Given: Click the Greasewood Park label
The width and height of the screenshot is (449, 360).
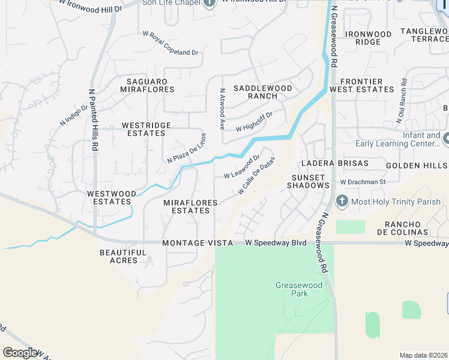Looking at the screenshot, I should pos(292,289).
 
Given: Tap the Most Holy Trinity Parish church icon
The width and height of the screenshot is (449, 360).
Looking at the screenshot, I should pos(342,201).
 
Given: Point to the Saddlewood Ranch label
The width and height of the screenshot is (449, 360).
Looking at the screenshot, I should pos(262,92).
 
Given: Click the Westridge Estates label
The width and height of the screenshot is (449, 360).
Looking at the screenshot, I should pos(146,129).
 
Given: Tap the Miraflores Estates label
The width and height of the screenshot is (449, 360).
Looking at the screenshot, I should pos(191,206).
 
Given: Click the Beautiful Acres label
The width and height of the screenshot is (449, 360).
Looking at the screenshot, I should pos(123,256).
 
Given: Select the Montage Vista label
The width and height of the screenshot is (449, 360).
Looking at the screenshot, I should pos(198,243).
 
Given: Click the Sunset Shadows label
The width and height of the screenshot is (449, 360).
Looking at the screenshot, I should pos(310,181).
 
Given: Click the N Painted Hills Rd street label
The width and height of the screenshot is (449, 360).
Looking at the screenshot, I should pos(94,121).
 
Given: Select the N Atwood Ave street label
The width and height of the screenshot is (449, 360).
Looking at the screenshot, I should pos(222,110).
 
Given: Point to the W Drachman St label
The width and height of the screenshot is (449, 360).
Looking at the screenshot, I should pos(362,182).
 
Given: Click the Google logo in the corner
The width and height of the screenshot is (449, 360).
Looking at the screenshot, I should pos(20,352).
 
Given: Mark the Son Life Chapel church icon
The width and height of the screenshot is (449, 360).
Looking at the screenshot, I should pos(209,4).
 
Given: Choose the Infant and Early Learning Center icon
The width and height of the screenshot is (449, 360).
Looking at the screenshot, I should pos(446,140).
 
